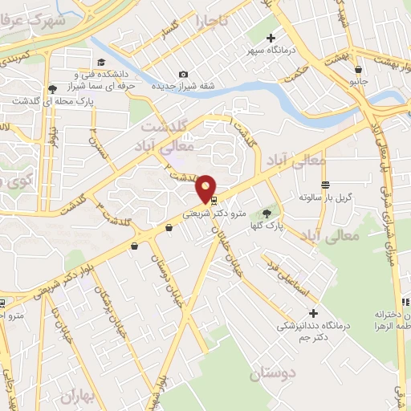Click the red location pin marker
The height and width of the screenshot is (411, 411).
click(206, 188)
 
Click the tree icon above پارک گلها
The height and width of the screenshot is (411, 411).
click(267, 213)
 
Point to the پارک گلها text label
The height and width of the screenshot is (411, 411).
click(266, 227)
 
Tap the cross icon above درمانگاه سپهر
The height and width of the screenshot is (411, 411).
click(271, 38)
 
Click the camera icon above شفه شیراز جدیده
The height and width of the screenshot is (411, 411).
click(183, 75)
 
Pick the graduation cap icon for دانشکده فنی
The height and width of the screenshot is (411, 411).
click(101, 63)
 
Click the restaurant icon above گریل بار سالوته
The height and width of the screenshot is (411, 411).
click(325, 185)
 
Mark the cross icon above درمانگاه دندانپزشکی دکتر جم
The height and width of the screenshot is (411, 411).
click(313, 312)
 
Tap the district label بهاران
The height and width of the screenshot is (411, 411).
click(79, 396)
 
